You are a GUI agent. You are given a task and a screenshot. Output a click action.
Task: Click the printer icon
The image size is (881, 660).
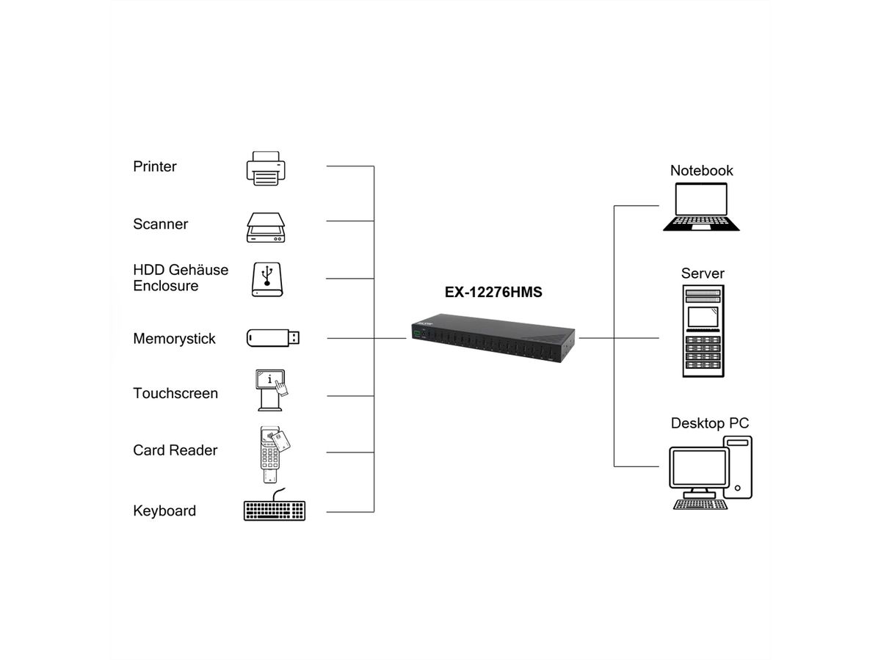(x=264, y=168)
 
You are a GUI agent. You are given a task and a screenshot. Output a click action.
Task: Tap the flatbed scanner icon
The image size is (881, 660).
(x=265, y=227)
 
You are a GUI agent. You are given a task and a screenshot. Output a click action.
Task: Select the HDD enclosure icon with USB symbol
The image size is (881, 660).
(x=266, y=279)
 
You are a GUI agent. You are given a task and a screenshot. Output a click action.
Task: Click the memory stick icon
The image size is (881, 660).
(x=272, y=338)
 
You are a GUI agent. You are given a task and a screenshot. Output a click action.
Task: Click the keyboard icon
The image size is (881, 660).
(x=274, y=509)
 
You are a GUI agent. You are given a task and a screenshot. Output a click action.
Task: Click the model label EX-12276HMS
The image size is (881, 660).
(x=493, y=292)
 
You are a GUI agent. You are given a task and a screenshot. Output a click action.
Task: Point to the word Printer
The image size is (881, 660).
(x=155, y=166)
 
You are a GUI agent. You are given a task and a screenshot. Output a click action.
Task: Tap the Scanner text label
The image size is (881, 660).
(x=160, y=224)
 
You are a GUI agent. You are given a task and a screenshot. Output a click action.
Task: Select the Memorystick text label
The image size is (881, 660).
(x=174, y=339)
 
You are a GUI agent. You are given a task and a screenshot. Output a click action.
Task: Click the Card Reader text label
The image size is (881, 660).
(x=175, y=450)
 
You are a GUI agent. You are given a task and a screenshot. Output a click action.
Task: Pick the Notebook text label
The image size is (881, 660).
(x=701, y=170)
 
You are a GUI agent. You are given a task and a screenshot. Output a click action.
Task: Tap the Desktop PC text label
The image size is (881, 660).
(x=710, y=423)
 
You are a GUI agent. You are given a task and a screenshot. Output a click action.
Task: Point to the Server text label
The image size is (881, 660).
(x=703, y=274)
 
